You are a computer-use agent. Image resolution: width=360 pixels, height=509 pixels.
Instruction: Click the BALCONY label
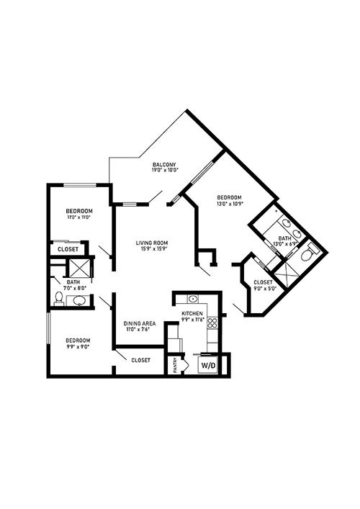point(164,165)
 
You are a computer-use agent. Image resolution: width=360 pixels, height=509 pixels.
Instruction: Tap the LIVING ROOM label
point(152,243)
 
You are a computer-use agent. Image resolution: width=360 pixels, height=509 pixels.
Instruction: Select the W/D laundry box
point(208,365)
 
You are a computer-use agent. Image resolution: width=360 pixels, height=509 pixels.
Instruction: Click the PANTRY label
point(175,365)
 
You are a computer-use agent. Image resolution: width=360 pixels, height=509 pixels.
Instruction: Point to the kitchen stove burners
point(212,323)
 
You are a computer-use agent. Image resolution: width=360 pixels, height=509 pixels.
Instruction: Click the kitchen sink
point(193,299)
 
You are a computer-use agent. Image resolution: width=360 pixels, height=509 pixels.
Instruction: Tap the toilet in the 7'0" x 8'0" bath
point(59,299)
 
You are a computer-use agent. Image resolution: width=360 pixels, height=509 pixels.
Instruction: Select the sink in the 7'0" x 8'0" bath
point(79,301)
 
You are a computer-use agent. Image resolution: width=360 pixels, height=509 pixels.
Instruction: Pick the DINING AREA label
point(140,324)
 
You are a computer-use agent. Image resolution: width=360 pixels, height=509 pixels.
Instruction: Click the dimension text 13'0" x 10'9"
point(230,204)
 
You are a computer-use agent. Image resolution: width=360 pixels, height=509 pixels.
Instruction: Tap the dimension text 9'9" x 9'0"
point(78,347)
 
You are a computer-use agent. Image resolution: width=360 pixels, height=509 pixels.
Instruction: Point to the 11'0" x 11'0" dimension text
point(78,217)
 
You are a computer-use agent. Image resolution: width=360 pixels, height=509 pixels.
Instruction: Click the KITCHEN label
point(192,314)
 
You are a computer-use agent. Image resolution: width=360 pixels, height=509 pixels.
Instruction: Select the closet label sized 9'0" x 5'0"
point(263,282)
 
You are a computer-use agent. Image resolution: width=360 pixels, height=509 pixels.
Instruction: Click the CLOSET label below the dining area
point(141,360)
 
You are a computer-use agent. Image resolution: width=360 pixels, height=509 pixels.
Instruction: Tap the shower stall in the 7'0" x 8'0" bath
point(79,269)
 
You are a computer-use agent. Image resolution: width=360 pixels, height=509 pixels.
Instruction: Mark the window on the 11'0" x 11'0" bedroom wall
point(79,185)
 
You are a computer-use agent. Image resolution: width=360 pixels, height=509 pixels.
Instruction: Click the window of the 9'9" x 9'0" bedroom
point(48,328)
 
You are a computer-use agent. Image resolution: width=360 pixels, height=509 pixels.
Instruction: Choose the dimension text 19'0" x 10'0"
point(165,170)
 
